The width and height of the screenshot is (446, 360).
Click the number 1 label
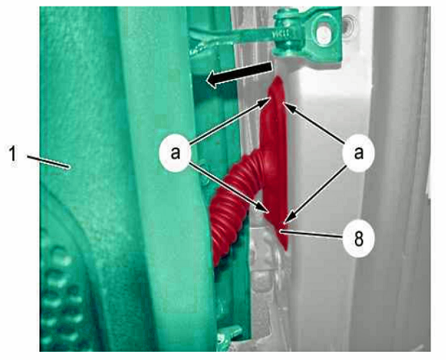click(x=12, y=154)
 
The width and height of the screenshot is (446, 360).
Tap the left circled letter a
click(x=175, y=152)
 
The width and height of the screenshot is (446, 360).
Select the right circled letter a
click(x=358, y=152)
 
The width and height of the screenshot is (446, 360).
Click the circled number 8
click(x=358, y=239)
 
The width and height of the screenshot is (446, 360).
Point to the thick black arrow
click(x=239, y=74)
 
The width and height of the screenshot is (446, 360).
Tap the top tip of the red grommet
click(x=277, y=77)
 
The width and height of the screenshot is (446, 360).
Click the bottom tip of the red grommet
click(x=286, y=250)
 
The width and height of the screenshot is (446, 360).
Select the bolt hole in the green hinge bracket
click(x=323, y=32)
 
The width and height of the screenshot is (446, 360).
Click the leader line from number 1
click(x=49, y=161)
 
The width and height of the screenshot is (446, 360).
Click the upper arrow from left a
click(x=230, y=120)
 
